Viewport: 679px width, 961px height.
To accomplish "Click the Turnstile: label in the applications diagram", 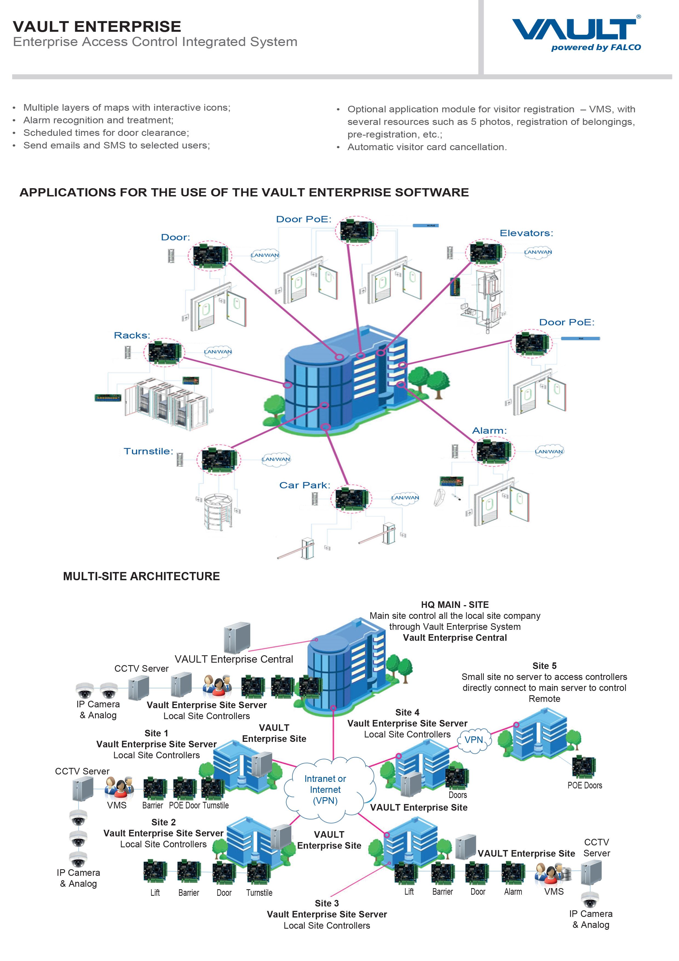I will pos(148,451).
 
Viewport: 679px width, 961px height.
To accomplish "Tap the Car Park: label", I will pos(304,485).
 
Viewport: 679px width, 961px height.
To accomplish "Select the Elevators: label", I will pos(526,233).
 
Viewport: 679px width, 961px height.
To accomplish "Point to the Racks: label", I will pos(132,335).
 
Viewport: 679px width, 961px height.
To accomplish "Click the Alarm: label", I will pos(489,430).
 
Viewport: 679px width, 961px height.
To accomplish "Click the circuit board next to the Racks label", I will pos(163,352).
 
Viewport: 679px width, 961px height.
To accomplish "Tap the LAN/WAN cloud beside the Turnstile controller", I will pos(276,459).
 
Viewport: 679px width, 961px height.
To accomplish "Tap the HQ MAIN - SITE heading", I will pos(455,604).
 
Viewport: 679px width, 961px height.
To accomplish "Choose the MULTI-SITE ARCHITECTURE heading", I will pos(141,576).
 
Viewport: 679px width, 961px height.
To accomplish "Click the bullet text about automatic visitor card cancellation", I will pos(427,147).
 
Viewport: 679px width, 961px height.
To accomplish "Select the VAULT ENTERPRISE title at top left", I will pos(97,26).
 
